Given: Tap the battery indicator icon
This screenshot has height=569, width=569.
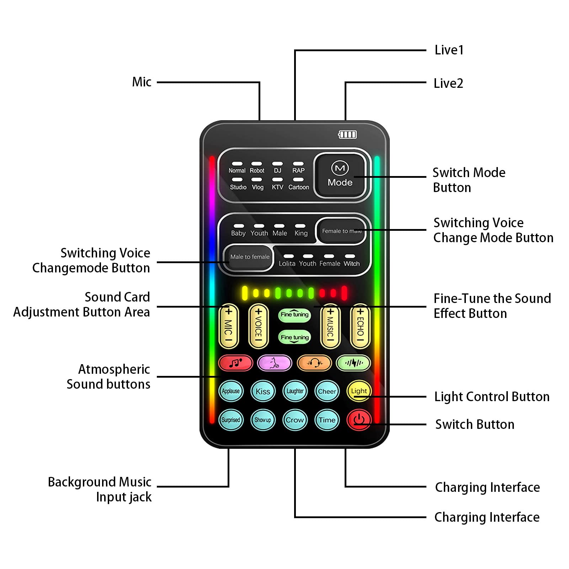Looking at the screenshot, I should point(347,134).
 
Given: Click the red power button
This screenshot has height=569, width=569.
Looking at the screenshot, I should point(359,420).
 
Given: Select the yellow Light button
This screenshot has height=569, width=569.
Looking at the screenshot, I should point(359,391).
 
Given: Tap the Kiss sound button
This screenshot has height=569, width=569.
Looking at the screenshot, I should point(263,391).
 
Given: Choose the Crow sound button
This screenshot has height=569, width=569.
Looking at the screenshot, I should point(295,420).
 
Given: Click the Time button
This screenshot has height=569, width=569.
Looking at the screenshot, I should point(327,420).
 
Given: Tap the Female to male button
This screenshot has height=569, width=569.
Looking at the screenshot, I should point(341,231).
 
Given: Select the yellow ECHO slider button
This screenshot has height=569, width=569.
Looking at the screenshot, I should point(360,326).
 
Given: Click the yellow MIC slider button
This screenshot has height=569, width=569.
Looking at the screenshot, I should point(228,326).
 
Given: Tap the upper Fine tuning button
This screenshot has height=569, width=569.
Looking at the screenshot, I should point(294,314).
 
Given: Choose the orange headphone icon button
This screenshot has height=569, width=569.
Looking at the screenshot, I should point(314,363).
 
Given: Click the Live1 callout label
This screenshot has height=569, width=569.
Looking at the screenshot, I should point(449,50).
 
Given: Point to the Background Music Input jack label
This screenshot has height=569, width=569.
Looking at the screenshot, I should point(100,489).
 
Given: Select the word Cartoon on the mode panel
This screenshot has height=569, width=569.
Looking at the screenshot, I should point(298,187).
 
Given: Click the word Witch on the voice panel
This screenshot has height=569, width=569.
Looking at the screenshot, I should point(351,264).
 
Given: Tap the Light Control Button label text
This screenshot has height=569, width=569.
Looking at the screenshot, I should point(491,397).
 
